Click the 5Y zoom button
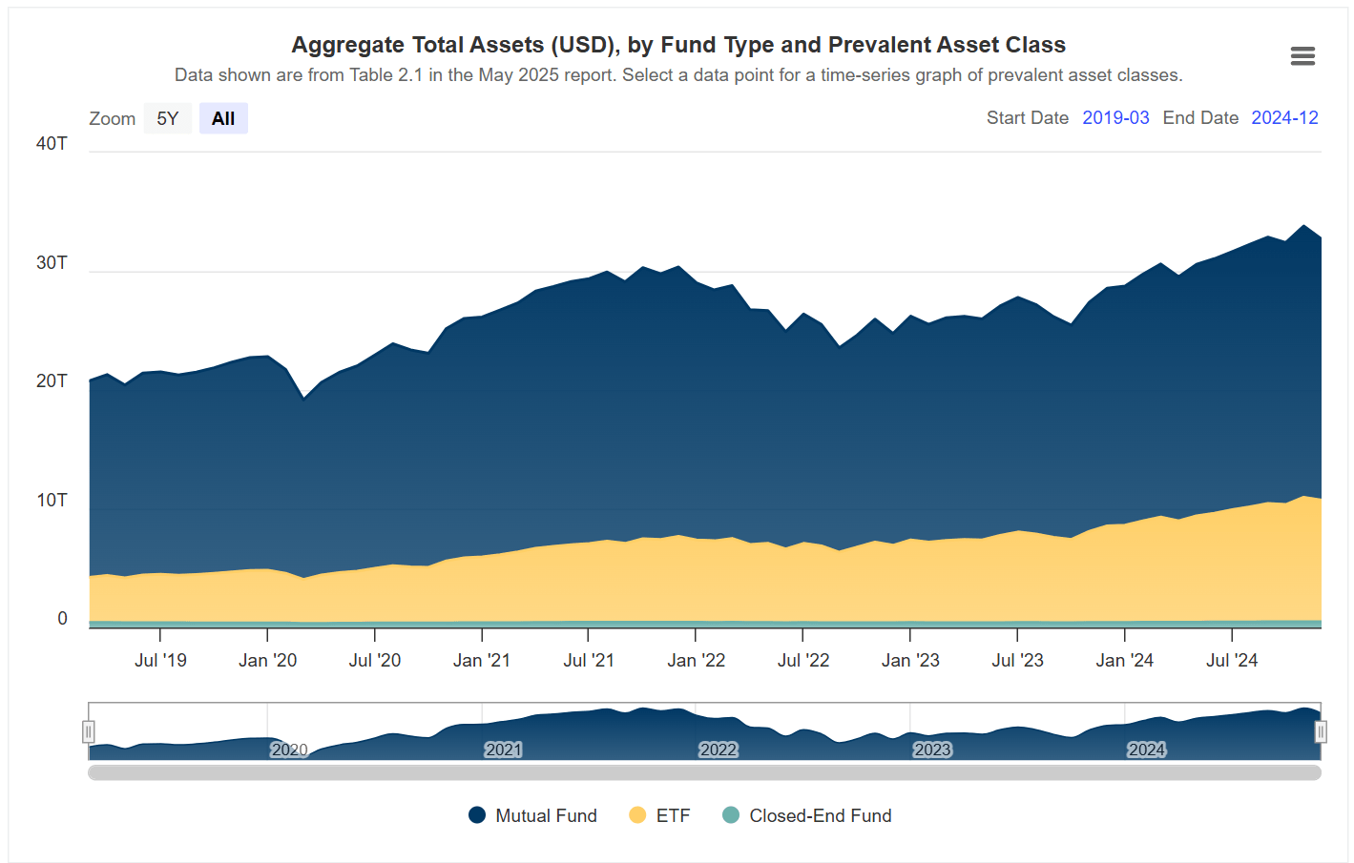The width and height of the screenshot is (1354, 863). click(168, 118)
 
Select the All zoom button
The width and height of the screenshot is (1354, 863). click(223, 118)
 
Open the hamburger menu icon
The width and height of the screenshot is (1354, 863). click(1302, 56)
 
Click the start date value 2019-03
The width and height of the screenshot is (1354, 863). click(1115, 117)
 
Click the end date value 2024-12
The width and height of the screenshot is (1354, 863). click(1284, 117)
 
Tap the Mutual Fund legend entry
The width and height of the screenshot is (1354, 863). click(532, 815)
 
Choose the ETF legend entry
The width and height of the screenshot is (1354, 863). click(659, 815)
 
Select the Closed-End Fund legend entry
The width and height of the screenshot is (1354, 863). click(807, 815)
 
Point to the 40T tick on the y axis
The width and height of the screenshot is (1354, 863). click(52, 144)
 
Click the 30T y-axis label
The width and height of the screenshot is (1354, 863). click(52, 263)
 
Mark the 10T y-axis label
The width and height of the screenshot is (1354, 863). click(52, 501)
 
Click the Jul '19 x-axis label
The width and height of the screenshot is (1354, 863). click(160, 660)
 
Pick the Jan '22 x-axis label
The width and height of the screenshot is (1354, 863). click(696, 660)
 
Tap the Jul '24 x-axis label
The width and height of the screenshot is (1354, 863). click(1232, 660)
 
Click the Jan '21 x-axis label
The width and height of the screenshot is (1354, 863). click(482, 660)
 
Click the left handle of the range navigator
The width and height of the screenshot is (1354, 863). click(89, 731)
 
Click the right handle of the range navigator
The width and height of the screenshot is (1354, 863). click(1321, 731)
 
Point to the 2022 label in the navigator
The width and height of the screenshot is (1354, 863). click(718, 750)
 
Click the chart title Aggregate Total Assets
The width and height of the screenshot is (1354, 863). click(678, 45)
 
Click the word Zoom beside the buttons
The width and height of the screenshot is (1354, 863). click(113, 118)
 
